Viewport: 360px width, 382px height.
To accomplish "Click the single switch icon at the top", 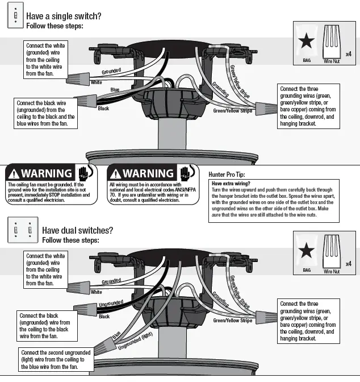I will pos(14,16).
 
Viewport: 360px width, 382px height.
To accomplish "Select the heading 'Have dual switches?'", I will pos(77,230).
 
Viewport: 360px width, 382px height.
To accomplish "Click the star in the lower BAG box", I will pos(307,250).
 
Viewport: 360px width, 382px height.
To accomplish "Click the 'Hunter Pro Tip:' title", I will pos(232,175).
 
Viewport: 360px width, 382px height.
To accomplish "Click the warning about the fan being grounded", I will pos(50,185).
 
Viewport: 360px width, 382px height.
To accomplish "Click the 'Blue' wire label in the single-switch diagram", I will pos(115,90).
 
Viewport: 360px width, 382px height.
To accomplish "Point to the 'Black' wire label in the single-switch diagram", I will pos(103,108).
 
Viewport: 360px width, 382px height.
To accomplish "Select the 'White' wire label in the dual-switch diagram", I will pos(97,292).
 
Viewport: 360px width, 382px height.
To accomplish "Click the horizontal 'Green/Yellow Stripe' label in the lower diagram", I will pos(233,321).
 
